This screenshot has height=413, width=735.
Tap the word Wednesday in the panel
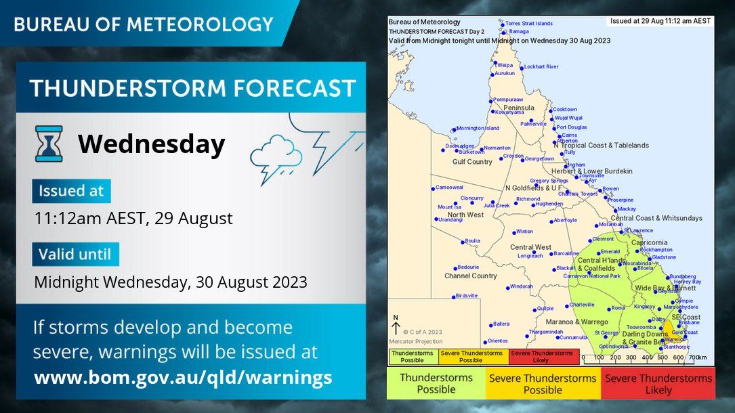[151, 144]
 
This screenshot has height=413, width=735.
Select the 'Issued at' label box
[70, 191]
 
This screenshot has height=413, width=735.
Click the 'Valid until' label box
[75, 255]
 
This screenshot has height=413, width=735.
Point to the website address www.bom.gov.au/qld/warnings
[183, 377]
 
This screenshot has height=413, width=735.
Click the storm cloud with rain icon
[275, 156]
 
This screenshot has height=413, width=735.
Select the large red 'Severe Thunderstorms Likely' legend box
[658, 384]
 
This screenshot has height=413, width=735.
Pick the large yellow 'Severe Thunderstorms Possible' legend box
[543, 384]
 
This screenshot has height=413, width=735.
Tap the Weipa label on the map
[505, 65]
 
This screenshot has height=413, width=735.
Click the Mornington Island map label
[478, 128]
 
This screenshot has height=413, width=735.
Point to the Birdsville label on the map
[467, 296]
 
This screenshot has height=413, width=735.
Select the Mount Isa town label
[449, 207]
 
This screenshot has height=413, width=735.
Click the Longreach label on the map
[530, 256]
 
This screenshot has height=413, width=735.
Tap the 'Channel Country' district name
[471, 276]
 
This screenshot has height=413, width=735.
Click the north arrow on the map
[396, 325]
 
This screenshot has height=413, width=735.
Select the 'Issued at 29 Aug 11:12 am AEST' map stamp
[660, 21]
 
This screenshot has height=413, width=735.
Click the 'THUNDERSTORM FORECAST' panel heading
[192, 88]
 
